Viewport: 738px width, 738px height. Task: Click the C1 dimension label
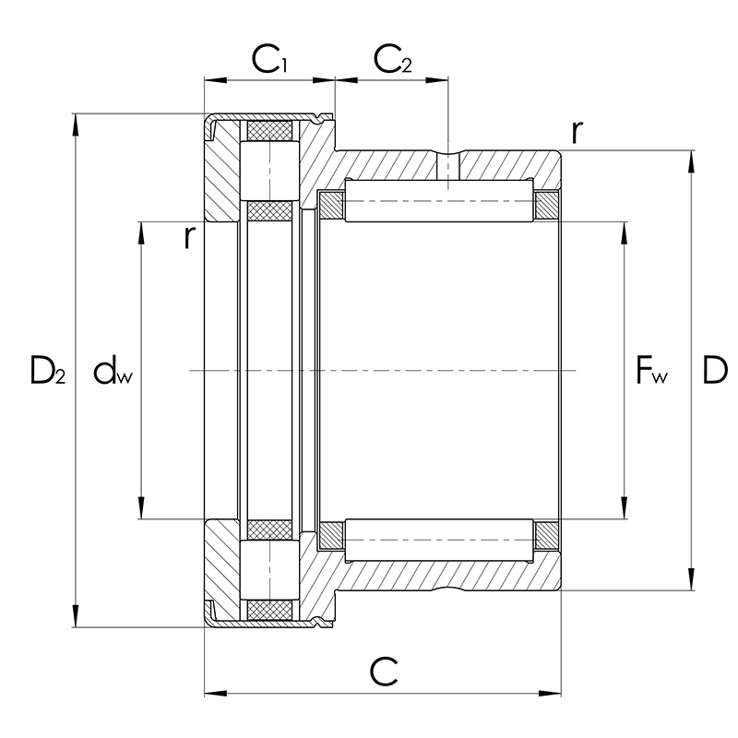click(268, 60)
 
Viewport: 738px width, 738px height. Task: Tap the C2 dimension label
click(393, 60)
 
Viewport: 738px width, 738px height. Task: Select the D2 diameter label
click(48, 370)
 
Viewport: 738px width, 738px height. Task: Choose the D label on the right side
click(714, 370)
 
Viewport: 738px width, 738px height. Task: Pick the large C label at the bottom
click(383, 673)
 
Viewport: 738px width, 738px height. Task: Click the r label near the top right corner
click(577, 132)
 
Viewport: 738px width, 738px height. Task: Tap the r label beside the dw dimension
click(189, 237)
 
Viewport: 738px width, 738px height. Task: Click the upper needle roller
click(440, 200)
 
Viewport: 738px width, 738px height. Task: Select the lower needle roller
click(440, 541)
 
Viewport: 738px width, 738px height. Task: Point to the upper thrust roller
click(269, 171)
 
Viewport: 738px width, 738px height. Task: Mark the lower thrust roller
click(269, 570)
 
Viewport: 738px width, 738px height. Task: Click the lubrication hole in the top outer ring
click(447, 166)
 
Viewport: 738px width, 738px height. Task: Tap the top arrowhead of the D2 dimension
click(76, 125)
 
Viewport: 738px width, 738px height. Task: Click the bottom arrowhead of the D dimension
click(691, 578)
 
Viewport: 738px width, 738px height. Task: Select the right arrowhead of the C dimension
click(550, 694)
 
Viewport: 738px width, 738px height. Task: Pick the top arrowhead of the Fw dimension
click(625, 233)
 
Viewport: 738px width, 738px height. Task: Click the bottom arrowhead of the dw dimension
click(141, 507)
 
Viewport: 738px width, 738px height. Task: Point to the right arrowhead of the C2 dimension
click(436, 80)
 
